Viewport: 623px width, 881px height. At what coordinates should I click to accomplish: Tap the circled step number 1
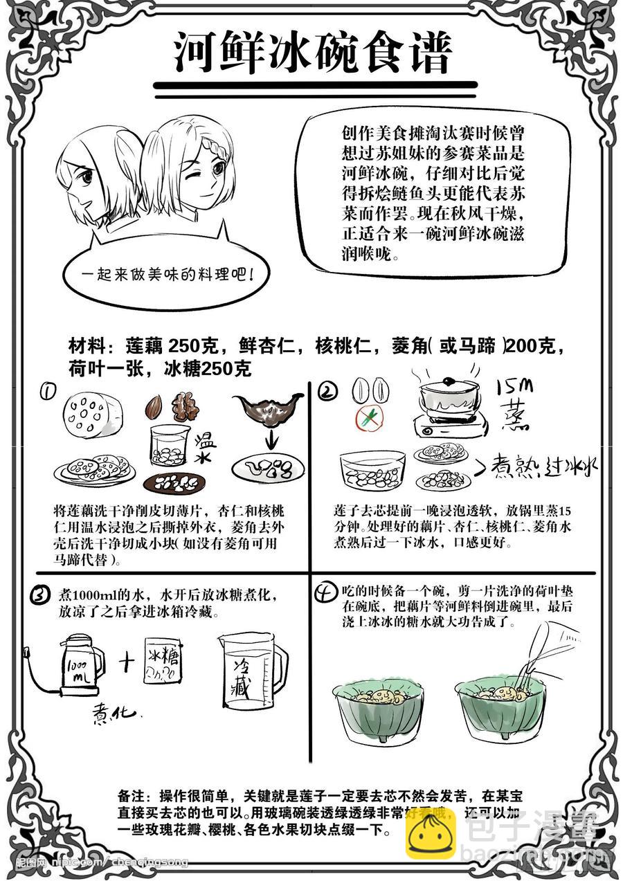[x=48, y=392]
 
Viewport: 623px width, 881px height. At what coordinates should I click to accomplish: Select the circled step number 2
[x=328, y=392]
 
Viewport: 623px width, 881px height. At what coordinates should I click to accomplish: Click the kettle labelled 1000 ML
[x=80, y=664]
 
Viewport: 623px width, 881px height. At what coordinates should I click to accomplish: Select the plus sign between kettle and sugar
[x=125, y=662]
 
